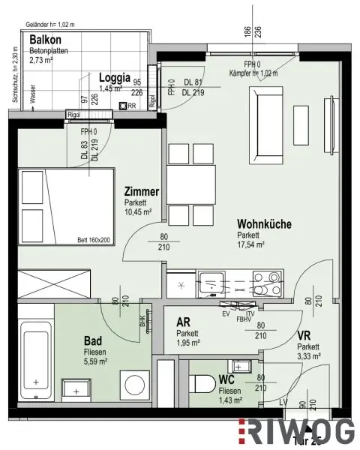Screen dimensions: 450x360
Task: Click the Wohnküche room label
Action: point(264,223)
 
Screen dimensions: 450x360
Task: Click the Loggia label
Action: point(115,76)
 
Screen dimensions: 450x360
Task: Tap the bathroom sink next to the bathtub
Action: point(75,388)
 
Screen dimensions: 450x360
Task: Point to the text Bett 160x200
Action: point(92,240)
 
